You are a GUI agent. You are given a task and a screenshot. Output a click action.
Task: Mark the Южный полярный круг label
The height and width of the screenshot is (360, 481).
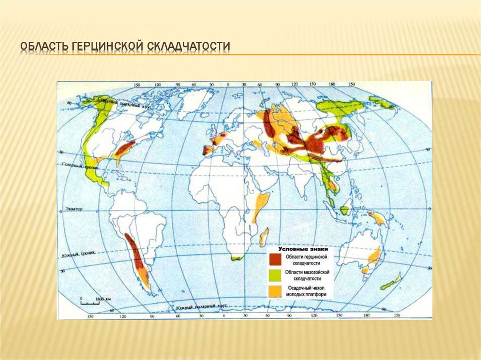coord(202,306)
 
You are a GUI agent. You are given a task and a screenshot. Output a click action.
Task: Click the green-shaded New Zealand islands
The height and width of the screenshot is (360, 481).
coord(391,283)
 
